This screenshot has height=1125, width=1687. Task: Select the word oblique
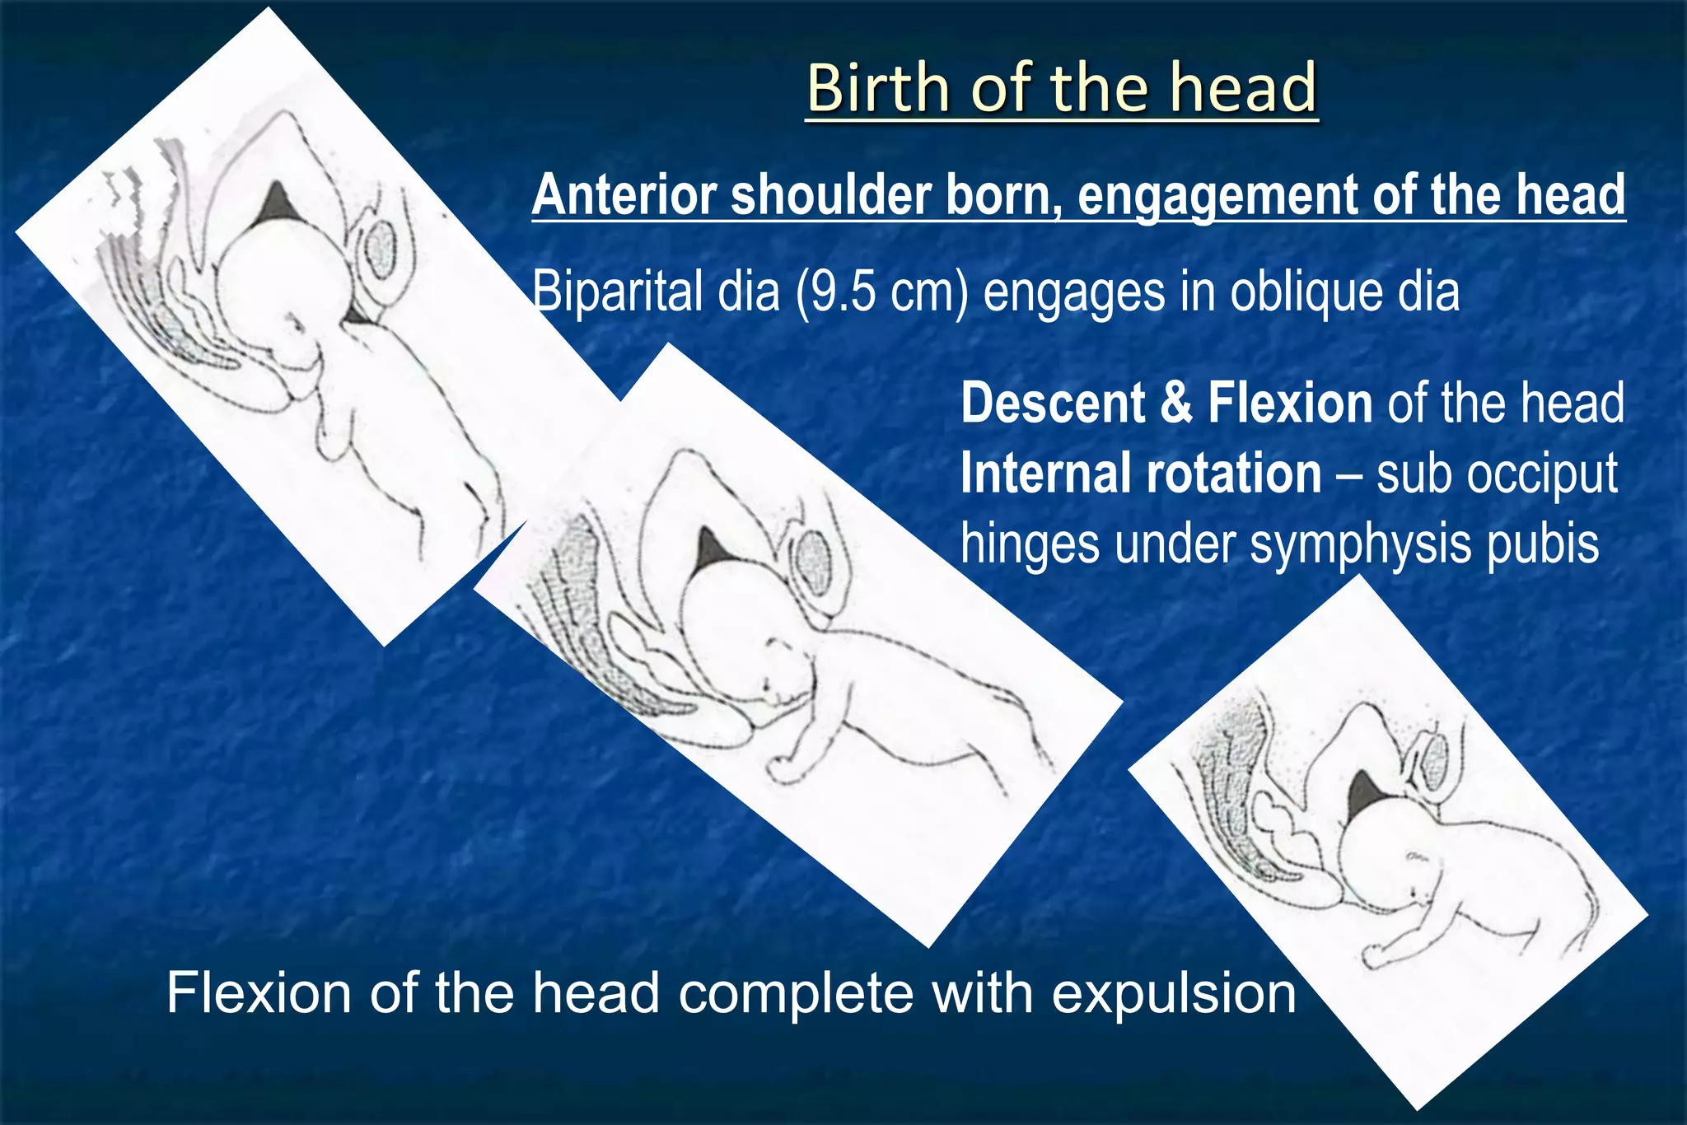1292,292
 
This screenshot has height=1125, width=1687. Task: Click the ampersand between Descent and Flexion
1175,403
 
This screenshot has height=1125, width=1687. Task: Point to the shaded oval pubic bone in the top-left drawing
380,245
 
